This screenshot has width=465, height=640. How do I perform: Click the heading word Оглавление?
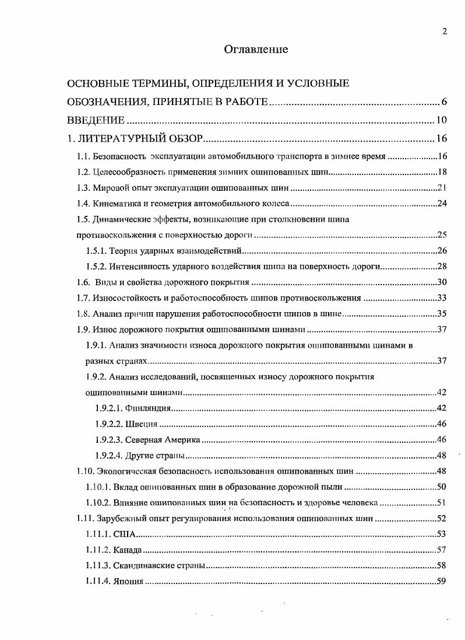256,50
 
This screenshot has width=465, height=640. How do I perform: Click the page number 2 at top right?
445,32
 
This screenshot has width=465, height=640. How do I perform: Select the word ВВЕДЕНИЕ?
96,121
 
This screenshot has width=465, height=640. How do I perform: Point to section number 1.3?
84,188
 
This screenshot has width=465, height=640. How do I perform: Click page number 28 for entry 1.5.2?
442,267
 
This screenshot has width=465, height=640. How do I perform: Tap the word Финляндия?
146,408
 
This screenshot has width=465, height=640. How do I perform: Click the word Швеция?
141,424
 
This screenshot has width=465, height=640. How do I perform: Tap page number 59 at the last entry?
442,581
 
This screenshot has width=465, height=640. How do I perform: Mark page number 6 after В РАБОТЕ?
443,103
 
